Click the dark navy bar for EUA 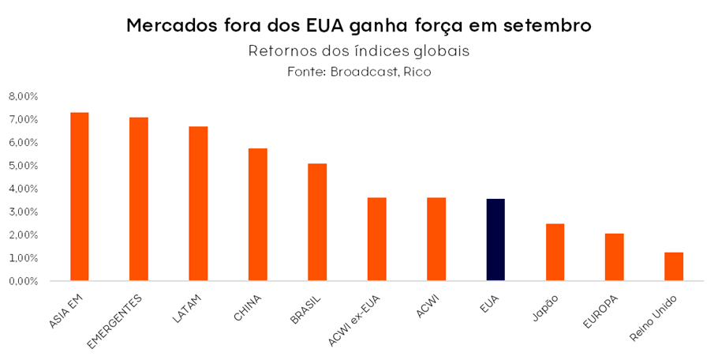point(495,240)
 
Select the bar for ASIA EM point(80,197)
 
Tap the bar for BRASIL point(317,222)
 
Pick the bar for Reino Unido point(674,266)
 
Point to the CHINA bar point(258,214)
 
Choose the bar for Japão point(555,252)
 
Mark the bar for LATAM point(198,204)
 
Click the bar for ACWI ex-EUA point(376,239)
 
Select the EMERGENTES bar point(139,199)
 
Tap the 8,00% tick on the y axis point(23,96)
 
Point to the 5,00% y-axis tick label point(23,166)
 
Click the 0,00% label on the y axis point(23,281)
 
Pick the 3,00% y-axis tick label point(23,212)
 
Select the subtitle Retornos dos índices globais point(359,51)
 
